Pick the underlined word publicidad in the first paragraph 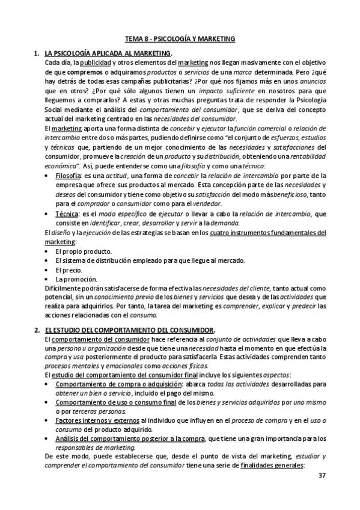tap(96, 63)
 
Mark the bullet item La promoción tap(76, 279)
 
